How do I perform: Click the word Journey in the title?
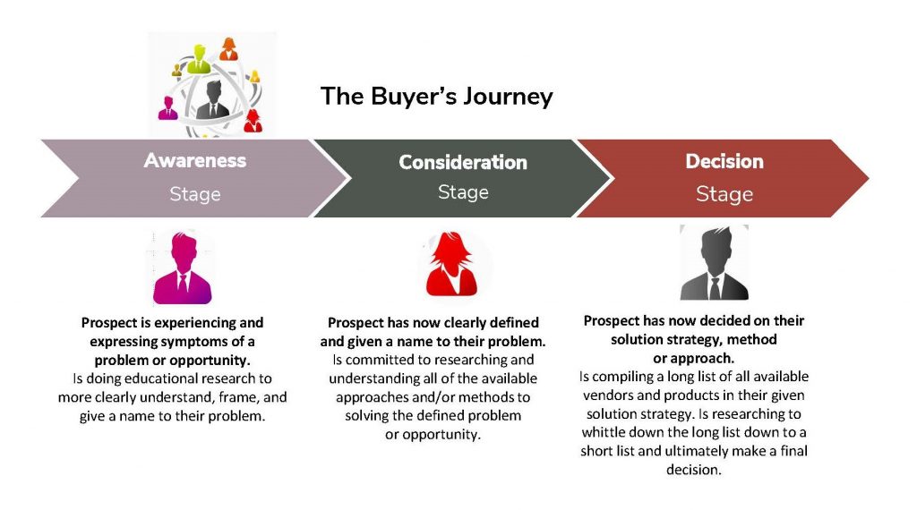click(x=508, y=97)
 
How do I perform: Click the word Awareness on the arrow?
click(x=194, y=161)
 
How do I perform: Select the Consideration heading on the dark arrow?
click(x=463, y=163)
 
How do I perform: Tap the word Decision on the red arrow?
click(x=724, y=161)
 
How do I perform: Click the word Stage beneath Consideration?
click(x=463, y=192)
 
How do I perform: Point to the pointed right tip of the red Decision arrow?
click(x=869, y=178)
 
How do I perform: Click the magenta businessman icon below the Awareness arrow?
click(x=182, y=268)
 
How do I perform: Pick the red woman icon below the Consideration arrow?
click(x=451, y=263)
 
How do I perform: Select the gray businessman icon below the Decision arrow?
click(x=714, y=263)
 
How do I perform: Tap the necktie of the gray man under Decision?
click(x=715, y=287)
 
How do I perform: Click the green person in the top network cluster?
click(x=199, y=60)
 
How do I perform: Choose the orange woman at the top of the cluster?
click(x=228, y=49)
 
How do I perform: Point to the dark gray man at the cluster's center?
click(x=213, y=100)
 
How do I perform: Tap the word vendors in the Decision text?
click(x=608, y=395)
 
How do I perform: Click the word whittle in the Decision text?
click(x=603, y=432)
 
